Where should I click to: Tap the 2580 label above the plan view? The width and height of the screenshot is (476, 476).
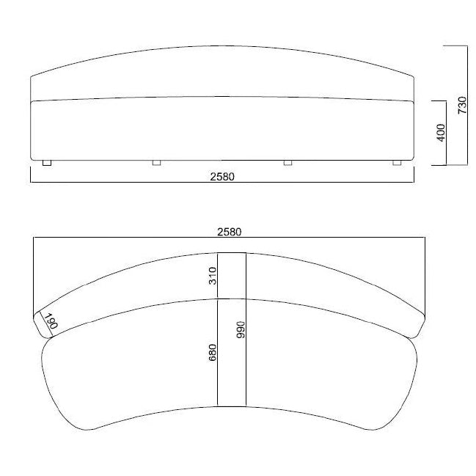(229, 231)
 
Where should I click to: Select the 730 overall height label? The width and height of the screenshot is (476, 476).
(461, 106)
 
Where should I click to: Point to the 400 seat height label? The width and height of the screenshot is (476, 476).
(441, 133)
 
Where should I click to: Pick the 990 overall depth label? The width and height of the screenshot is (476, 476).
(240, 329)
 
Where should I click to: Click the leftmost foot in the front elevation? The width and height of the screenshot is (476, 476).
(47, 162)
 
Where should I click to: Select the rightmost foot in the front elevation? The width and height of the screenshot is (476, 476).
(397, 162)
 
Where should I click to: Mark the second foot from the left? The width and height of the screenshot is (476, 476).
(156, 162)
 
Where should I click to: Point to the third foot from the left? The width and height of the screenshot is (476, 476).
(288, 162)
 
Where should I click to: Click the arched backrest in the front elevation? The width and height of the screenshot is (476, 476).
(222, 73)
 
